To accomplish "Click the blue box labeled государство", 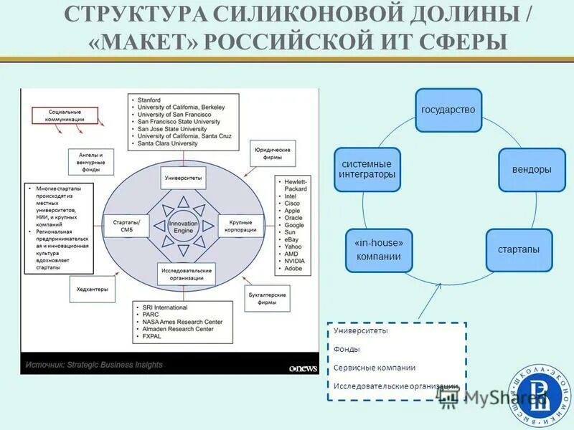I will pyautogui.click(x=448, y=110).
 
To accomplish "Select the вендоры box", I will pyautogui.click(x=532, y=170).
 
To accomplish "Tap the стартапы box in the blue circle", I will pyautogui.click(x=519, y=250).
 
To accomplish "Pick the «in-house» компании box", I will pyautogui.click(x=379, y=250).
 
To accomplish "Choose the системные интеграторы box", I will pyautogui.click(x=367, y=169).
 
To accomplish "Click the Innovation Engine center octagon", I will pyautogui.click(x=183, y=226).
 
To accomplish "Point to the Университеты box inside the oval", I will pyautogui.click(x=183, y=176).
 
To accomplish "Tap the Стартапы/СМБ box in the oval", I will pyautogui.click(x=126, y=226).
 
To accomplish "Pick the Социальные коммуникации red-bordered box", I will pyautogui.click(x=65, y=116).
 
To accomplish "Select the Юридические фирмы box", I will pyautogui.click(x=271, y=153).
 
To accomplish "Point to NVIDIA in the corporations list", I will pyautogui.click(x=295, y=261).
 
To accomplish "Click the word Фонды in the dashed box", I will pyautogui.click(x=347, y=349).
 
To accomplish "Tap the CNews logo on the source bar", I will pyautogui.click(x=303, y=368).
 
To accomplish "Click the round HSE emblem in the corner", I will pyautogui.click(x=541, y=394).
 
